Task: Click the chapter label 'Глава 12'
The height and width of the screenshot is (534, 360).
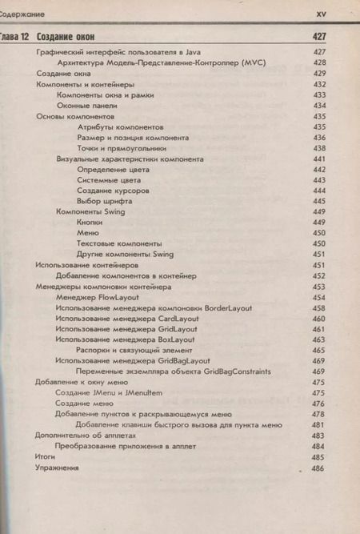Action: click(14, 38)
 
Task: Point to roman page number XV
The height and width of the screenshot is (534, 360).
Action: click(322, 14)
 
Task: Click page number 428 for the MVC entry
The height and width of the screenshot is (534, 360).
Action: click(318, 62)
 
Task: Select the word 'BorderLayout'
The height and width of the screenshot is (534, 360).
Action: click(228, 307)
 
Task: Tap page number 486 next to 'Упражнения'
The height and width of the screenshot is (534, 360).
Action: click(318, 468)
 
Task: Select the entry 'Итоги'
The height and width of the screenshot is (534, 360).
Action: click(45, 456)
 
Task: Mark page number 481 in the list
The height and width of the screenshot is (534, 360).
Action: click(318, 424)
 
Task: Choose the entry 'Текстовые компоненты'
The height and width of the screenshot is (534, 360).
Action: click(119, 243)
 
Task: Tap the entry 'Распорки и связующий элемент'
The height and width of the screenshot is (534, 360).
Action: click(134, 350)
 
